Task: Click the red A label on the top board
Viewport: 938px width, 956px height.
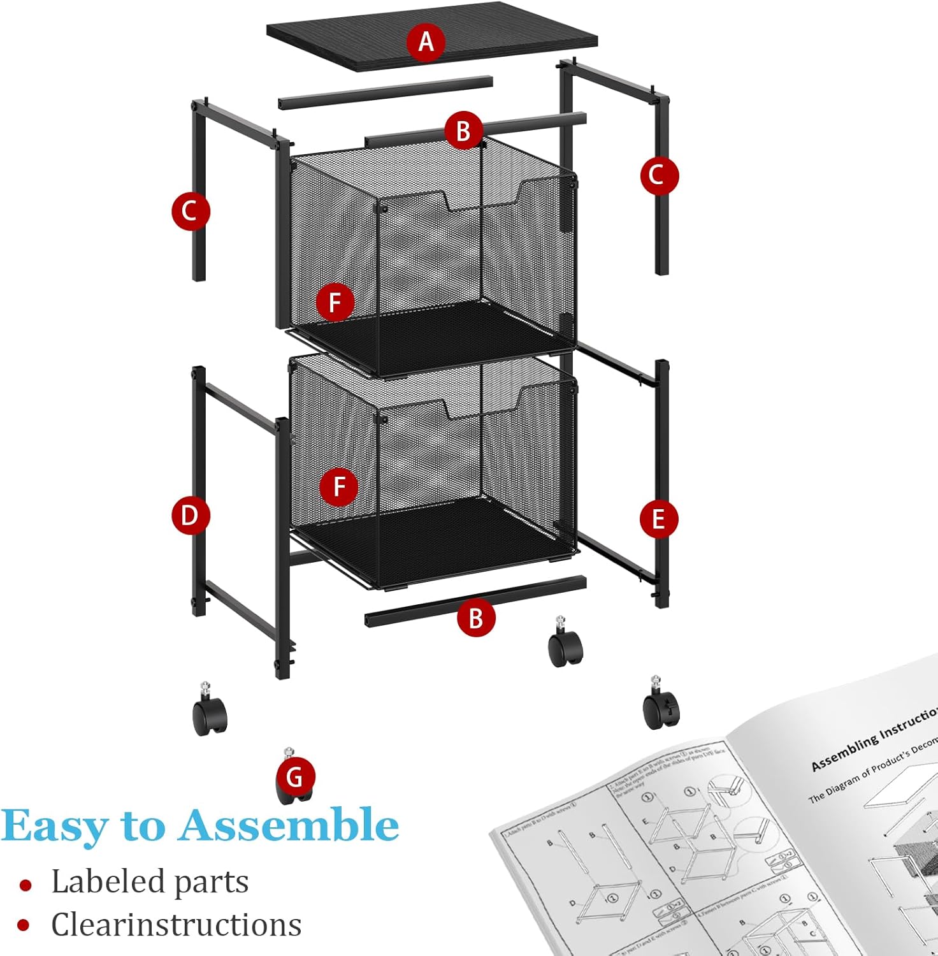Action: click(426, 42)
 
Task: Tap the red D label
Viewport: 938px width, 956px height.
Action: click(190, 515)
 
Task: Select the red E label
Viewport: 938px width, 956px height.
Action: click(658, 519)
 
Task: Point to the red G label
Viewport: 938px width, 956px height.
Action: click(294, 777)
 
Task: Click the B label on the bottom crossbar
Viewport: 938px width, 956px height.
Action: click(475, 618)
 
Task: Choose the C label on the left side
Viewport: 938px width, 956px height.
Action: click(190, 211)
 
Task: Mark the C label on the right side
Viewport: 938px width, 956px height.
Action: click(658, 175)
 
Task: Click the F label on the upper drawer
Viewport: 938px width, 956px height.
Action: click(335, 302)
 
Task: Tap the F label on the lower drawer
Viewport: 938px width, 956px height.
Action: click(339, 487)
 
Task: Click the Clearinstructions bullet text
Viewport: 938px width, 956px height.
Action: click(176, 925)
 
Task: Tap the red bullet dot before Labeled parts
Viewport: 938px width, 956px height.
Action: click(25, 885)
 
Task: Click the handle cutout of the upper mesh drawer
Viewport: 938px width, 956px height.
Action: click(483, 199)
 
